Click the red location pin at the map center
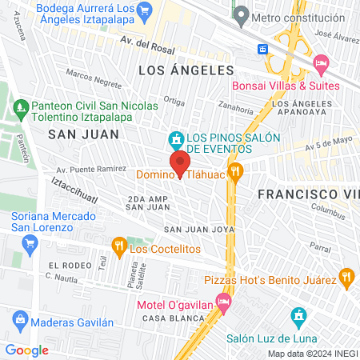[180, 162]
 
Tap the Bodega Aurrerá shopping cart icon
[145, 10]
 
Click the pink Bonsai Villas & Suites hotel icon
[321, 62]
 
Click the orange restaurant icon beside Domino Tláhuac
[235, 171]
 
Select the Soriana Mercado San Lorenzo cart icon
[30, 243]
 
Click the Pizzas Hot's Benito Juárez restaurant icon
[346, 278]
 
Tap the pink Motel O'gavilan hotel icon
[224, 302]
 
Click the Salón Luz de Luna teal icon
[298, 318]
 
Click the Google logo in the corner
[27, 350]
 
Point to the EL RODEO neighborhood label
[66, 265]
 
